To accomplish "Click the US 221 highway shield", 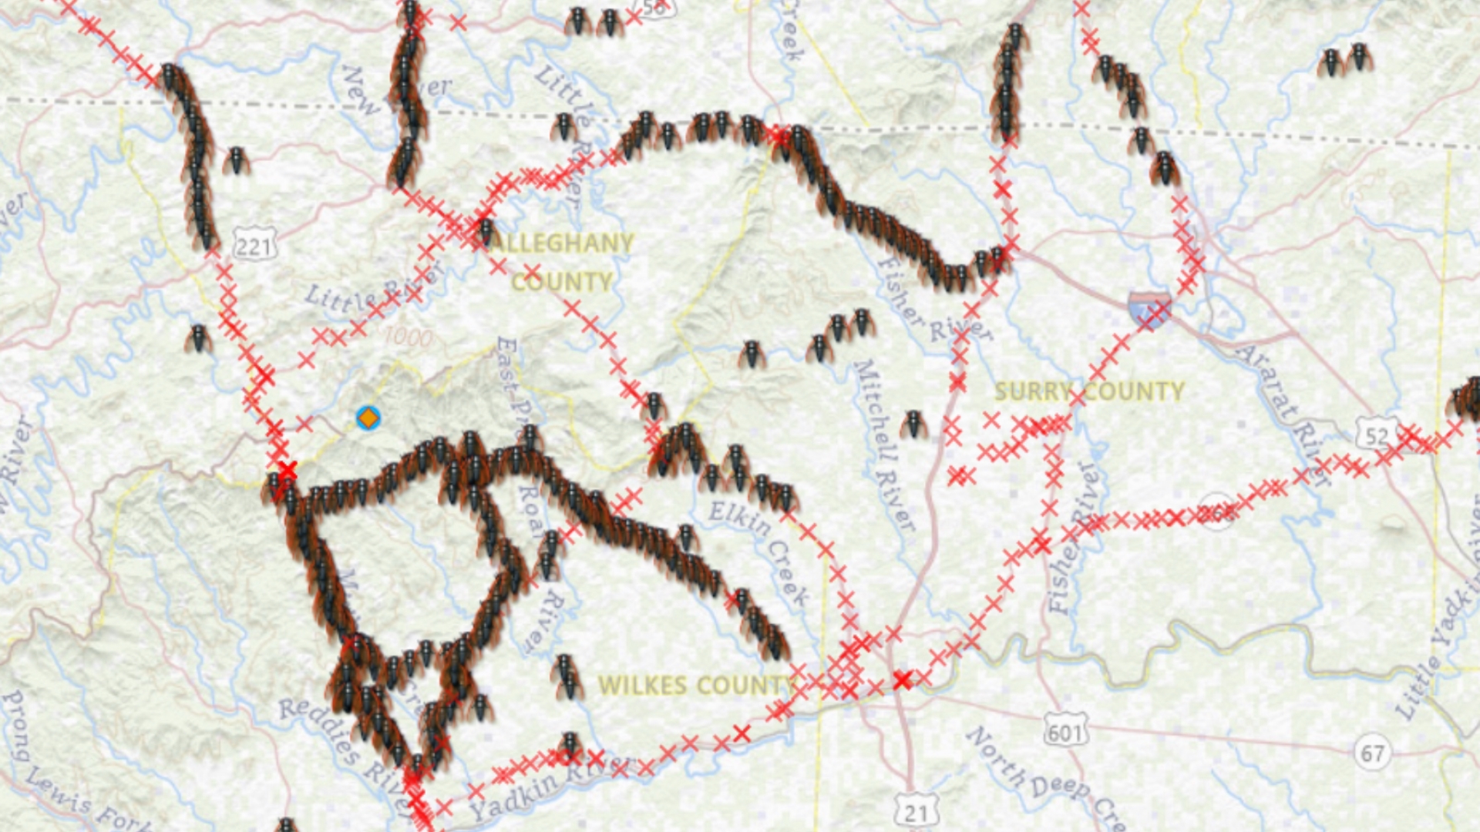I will pyautogui.click(x=254, y=247).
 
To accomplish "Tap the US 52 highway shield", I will pyautogui.click(x=1377, y=436).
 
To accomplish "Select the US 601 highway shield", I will pyautogui.click(x=1065, y=732).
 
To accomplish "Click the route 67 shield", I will pyautogui.click(x=1372, y=752).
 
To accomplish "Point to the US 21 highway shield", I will pyautogui.click(x=916, y=812).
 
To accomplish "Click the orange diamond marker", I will pyautogui.click(x=368, y=418).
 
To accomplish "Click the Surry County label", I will pyautogui.click(x=1088, y=391).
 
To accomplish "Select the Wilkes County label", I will pyautogui.click(x=696, y=686).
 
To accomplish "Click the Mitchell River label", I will pyautogui.click(x=883, y=445).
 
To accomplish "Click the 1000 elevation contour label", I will pyautogui.click(x=408, y=337).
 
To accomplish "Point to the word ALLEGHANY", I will pyautogui.click(x=561, y=243).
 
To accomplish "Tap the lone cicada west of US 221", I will pyautogui.click(x=198, y=339).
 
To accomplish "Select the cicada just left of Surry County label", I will pyautogui.click(x=913, y=424).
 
